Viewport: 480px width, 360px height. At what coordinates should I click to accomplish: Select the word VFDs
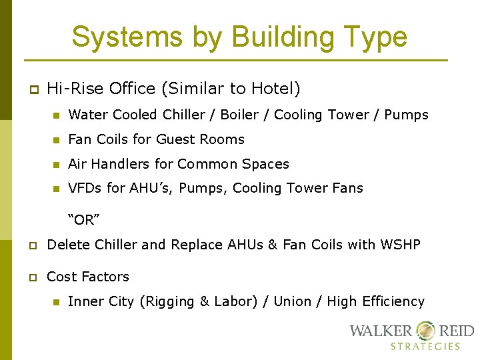point(85,188)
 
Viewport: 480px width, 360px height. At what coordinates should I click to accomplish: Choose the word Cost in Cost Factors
point(60,276)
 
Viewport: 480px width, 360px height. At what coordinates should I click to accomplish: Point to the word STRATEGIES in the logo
point(425,346)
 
